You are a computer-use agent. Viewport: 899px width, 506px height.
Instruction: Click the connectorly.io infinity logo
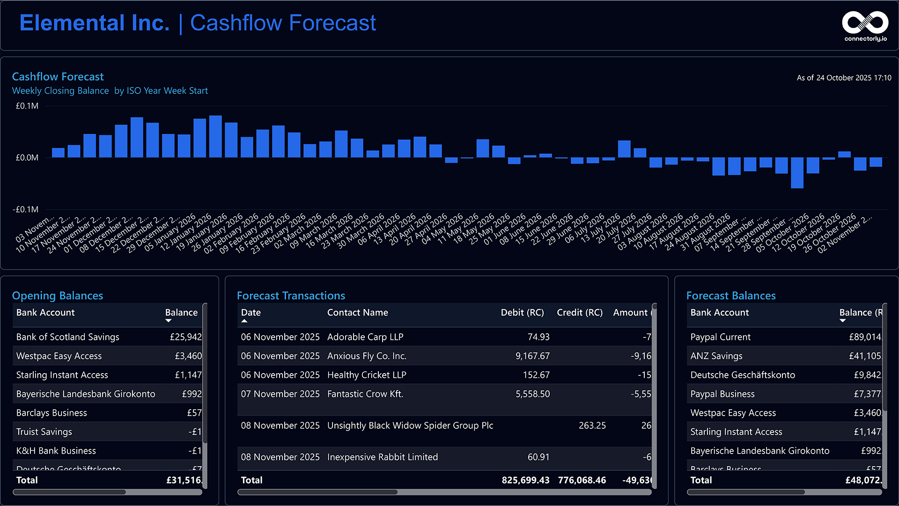(865, 23)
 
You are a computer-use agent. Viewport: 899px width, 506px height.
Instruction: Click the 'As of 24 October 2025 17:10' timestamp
(844, 78)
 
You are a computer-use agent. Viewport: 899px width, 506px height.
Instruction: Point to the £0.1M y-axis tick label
(27, 106)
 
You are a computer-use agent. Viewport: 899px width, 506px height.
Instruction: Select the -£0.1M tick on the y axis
(26, 209)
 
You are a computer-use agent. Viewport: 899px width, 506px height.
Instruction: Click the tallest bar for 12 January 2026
(215, 136)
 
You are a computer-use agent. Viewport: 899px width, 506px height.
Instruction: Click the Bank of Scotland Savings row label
(68, 337)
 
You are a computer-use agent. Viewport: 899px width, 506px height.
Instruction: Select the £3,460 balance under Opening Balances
(188, 356)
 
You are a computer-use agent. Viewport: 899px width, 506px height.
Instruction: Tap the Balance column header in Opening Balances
(181, 313)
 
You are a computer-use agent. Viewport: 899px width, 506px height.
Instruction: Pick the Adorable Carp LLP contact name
(365, 337)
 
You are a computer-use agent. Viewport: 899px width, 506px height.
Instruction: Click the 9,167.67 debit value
(532, 356)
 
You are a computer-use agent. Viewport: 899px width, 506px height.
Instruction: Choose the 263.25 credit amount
(592, 425)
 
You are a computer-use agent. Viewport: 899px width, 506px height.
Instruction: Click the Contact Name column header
(357, 313)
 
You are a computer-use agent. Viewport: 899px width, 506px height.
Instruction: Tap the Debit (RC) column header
(522, 313)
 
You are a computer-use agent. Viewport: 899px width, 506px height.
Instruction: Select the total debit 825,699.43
(525, 480)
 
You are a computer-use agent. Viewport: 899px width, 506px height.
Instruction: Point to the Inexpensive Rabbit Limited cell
(383, 457)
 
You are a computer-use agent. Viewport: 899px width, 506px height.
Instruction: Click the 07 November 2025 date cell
(280, 394)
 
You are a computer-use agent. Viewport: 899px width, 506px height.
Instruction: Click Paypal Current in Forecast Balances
(720, 337)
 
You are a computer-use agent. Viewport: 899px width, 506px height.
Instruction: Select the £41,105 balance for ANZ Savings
(865, 356)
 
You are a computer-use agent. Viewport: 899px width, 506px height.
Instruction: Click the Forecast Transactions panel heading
(291, 296)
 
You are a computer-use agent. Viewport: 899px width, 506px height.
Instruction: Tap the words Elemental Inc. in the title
(95, 23)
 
